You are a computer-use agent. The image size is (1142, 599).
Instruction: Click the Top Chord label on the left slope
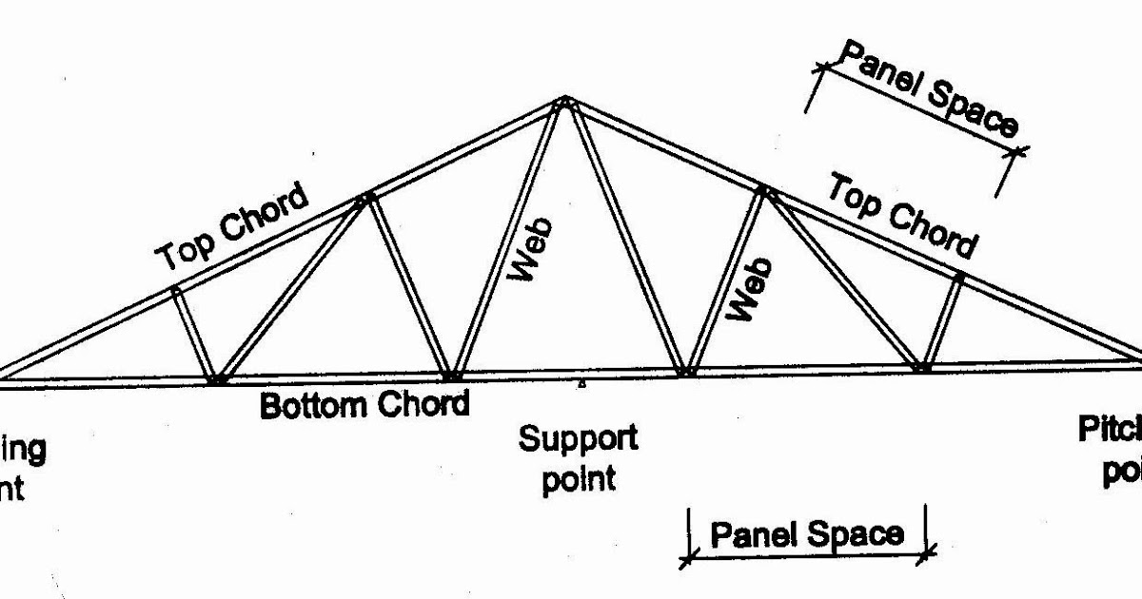click(x=234, y=227)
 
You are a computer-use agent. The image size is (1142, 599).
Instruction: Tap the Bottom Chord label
click(x=365, y=405)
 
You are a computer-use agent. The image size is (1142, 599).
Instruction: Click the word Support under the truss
click(x=578, y=440)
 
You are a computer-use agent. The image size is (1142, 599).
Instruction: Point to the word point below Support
click(x=579, y=477)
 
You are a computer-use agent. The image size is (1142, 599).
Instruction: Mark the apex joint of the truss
click(x=564, y=101)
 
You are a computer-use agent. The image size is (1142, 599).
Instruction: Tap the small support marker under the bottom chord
click(x=581, y=385)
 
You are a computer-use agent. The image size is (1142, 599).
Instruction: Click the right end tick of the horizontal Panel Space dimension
click(x=928, y=551)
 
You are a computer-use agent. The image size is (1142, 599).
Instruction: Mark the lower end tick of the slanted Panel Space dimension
click(x=1018, y=148)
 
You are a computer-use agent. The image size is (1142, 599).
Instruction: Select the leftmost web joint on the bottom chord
click(x=217, y=378)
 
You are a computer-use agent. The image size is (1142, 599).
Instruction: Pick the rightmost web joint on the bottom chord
click(x=920, y=366)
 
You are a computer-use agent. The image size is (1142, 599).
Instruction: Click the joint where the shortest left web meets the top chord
click(x=176, y=289)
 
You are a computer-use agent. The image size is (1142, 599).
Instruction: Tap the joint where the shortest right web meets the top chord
click(x=959, y=277)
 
